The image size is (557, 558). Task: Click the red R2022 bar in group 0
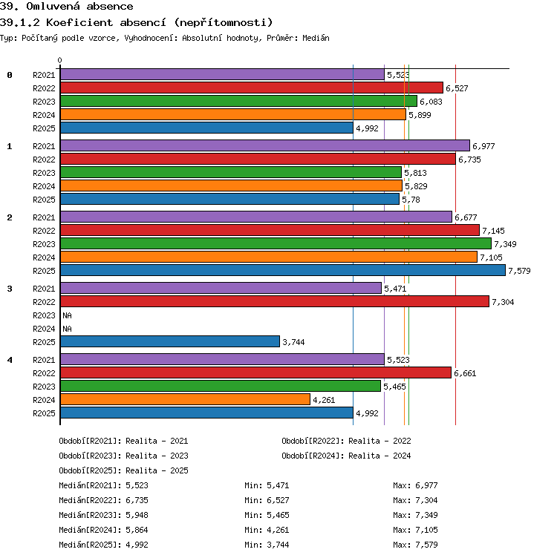pyautogui.click(x=252, y=88)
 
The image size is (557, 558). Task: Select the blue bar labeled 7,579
pyautogui.click(x=283, y=270)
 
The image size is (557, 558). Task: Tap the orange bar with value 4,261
pyautogui.click(x=185, y=399)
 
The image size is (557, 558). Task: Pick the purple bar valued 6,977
pyautogui.click(x=265, y=145)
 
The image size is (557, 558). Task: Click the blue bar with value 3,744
pyautogui.click(x=170, y=341)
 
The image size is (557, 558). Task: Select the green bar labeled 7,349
pyautogui.click(x=276, y=243)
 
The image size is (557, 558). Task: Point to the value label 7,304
pyautogui.click(x=503, y=302)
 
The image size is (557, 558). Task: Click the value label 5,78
pyautogui.click(x=411, y=200)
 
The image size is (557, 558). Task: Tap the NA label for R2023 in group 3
pyautogui.click(x=67, y=315)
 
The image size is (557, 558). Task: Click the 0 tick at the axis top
pyautogui.click(x=59, y=60)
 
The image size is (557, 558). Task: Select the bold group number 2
pyautogui.click(x=10, y=217)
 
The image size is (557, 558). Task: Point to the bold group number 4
pyautogui.click(x=10, y=360)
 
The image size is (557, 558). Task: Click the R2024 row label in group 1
pyautogui.click(x=44, y=186)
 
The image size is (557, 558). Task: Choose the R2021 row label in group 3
pyautogui.click(x=44, y=289)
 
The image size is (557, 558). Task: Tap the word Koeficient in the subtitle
pyautogui.click(x=79, y=22)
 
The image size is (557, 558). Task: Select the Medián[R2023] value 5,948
pyautogui.click(x=137, y=515)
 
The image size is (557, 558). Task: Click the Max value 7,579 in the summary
pyautogui.click(x=426, y=545)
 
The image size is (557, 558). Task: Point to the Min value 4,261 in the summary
pyautogui.click(x=278, y=530)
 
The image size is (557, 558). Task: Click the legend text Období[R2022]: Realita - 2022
pyautogui.click(x=346, y=441)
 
